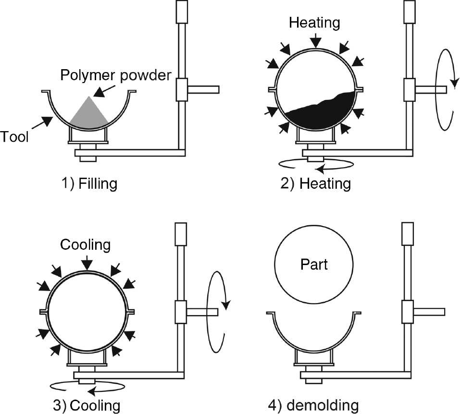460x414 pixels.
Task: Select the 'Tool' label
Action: (14, 137)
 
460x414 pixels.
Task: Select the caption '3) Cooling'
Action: (87, 405)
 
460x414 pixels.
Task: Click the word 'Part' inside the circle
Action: (314, 265)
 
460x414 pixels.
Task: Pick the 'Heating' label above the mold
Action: (315, 22)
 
